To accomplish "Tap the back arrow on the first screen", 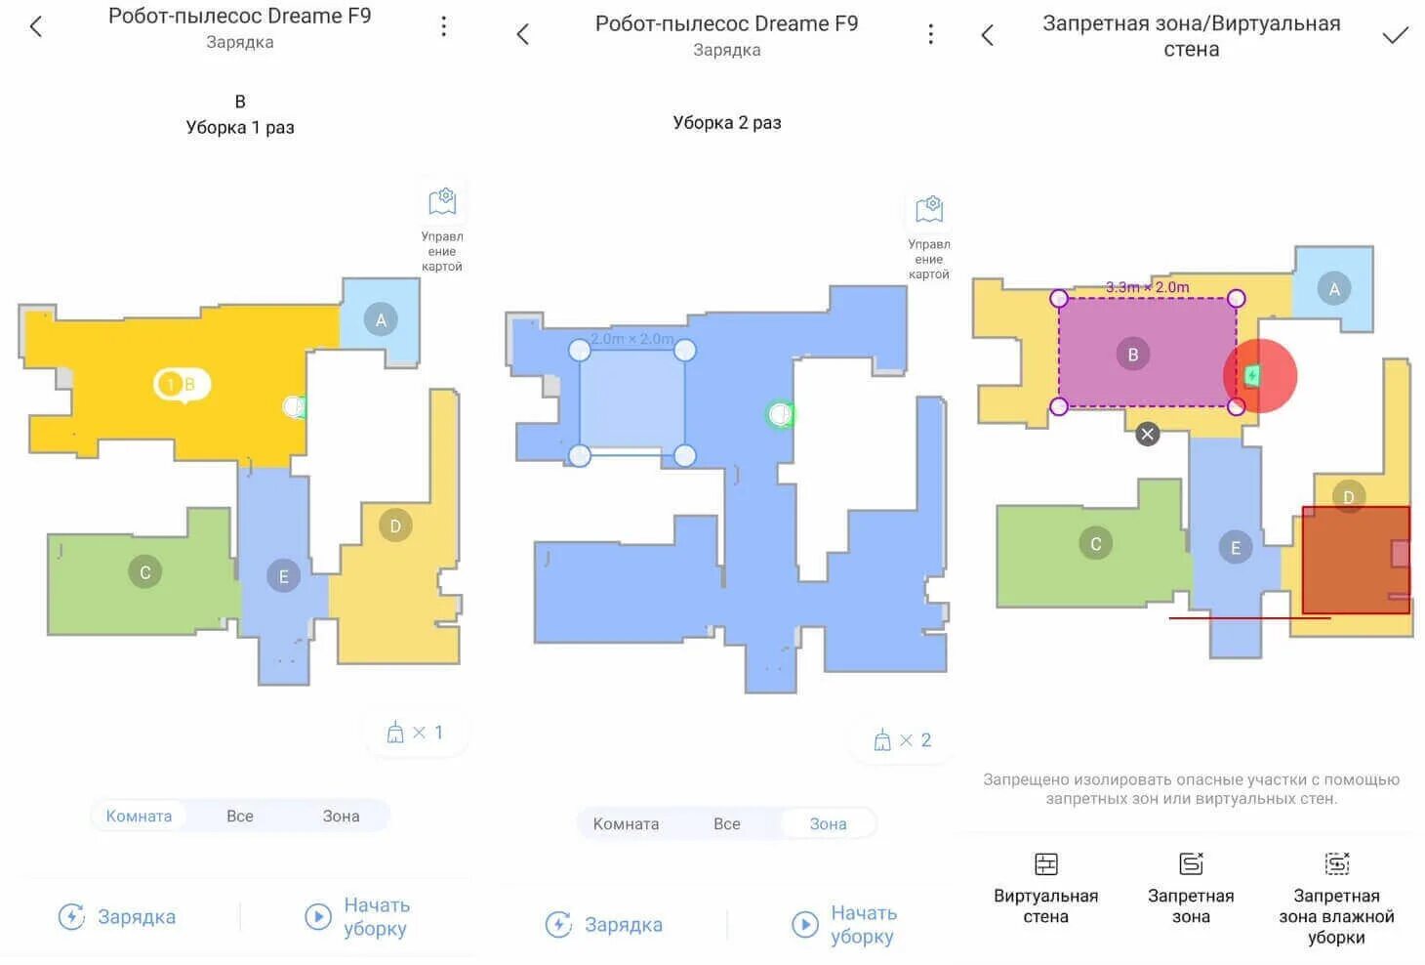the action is (36, 26).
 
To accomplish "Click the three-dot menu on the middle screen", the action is (930, 34).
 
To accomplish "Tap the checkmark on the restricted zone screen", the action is (1395, 35).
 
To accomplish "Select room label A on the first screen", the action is (381, 319).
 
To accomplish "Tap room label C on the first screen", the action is (145, 571).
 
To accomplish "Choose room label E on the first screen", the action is (283, 576).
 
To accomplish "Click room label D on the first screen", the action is (395, 525).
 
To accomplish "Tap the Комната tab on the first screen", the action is (139, 816).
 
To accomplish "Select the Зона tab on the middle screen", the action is (828, 823).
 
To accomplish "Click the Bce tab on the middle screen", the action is (726, 823).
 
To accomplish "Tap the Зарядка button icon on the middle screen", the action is (558, 924).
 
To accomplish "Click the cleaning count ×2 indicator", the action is (902, 739).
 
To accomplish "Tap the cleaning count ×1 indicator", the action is (415, 732).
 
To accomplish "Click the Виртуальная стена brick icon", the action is (1046, 863).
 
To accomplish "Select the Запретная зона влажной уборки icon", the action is (1336, 863).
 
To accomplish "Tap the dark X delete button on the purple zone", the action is (1147, 434).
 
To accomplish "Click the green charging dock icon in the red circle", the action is (1252, 376).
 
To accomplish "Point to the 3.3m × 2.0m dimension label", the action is (1147, 287).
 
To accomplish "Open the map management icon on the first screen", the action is (442, 202).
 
